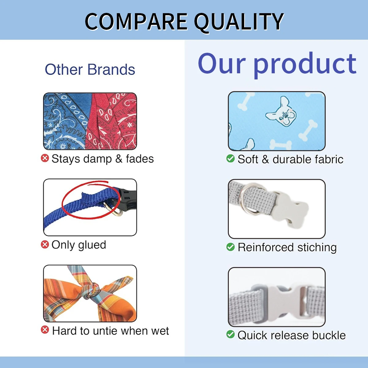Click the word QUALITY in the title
coord(239,22)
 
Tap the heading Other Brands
coord(90,69)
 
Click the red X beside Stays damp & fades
coord(45,158)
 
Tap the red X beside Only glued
coord(45,244)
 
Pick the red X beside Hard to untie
coord(45,330)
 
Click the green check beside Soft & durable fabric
coord(231,159)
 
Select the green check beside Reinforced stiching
coord(231,247)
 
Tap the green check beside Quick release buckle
coord(231,334)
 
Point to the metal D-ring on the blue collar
coord(113,209)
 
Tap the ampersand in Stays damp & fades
coord(119,159)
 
